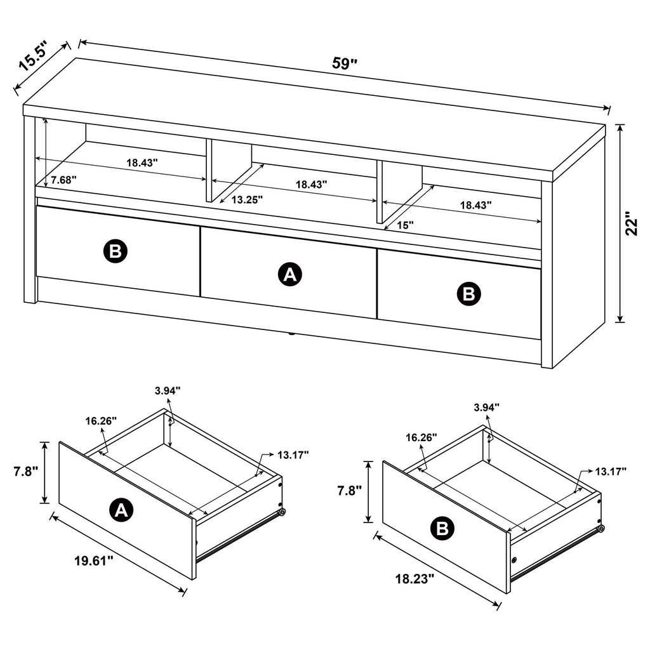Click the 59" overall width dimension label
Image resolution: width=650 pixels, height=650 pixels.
(x=345, y=63)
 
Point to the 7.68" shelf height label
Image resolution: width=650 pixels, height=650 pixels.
(x=63, y=180)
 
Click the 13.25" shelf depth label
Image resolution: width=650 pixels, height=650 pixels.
(x=247, y=199)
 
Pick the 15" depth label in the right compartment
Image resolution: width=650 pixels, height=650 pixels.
(x=404, y=225)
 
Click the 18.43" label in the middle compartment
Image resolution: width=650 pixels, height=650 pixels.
(x=311, y=184)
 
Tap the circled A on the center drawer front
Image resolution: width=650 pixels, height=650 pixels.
(x=290, y=274)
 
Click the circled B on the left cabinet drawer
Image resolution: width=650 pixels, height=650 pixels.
(x=116, y=251)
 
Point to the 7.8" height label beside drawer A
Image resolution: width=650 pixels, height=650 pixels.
(x=25, y=472)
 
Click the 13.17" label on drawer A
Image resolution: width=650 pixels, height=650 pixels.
(x=293, y=454)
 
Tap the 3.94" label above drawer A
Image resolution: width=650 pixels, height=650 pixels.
(x=168, y=390)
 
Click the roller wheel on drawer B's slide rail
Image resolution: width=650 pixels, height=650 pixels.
(x=600, y=528)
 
